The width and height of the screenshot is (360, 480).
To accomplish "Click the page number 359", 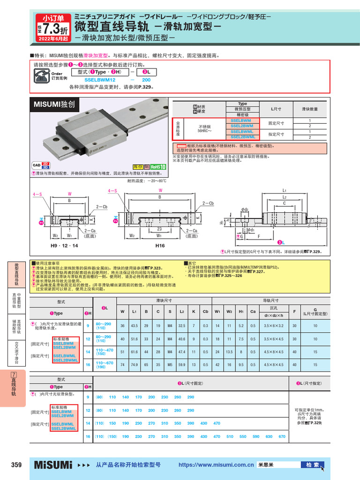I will click(x=16, y=465).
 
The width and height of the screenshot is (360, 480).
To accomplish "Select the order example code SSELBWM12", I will click(x=100, y=80).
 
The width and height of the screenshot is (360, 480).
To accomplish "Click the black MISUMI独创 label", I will click(x=54, y=104).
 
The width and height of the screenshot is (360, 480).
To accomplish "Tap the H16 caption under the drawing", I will click(x=160, y=245).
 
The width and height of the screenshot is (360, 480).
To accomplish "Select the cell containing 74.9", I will click(x=135, y=364).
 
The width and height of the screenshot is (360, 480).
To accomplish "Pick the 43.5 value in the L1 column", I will click(x=135, y=326).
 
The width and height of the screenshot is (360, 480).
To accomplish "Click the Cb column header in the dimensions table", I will click(x=206, y=310).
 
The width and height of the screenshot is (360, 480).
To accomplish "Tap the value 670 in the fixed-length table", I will click(x=282, y=436).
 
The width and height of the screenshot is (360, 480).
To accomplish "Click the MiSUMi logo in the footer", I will click(x=53, y=465).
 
